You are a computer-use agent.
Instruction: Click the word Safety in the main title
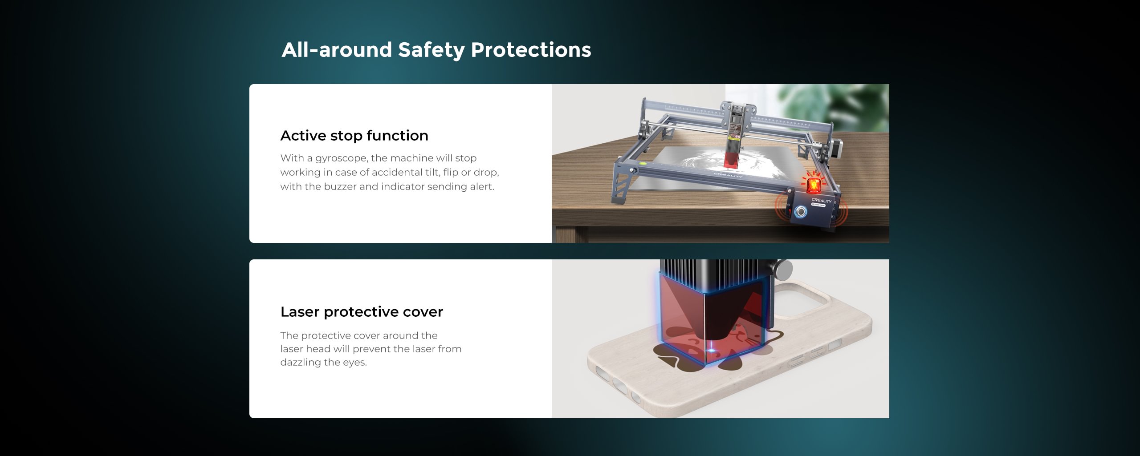[x=431, y=50]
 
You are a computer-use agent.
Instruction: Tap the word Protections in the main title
[x=531, y=49]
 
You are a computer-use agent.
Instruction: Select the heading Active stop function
[x=354, y=135]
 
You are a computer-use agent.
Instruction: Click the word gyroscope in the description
[x=341, y=158]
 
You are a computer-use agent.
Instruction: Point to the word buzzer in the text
[x=340, y=186]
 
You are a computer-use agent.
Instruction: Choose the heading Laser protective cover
[x=362, y=311]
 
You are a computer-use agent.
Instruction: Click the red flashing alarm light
[x=813, y=184]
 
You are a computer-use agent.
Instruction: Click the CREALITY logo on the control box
[x=821, y=201]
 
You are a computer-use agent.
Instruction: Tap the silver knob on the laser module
[x=783, y=270]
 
